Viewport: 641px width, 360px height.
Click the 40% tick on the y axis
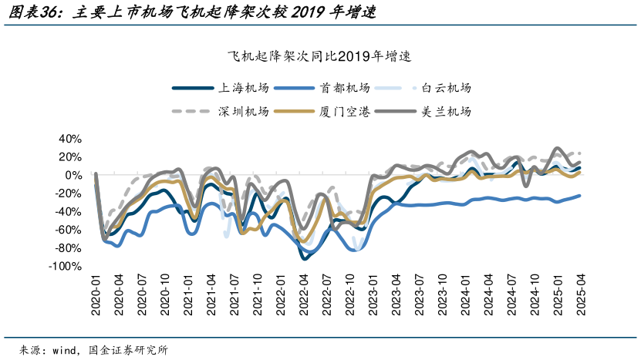(69, 139)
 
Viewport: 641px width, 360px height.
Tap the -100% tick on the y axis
(64, 267)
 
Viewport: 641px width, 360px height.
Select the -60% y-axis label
(67, 230)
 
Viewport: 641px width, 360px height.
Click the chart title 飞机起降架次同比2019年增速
(320, 56)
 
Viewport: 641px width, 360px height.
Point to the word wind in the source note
(65, 349)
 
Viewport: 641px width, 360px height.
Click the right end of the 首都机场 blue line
(580, 195)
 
